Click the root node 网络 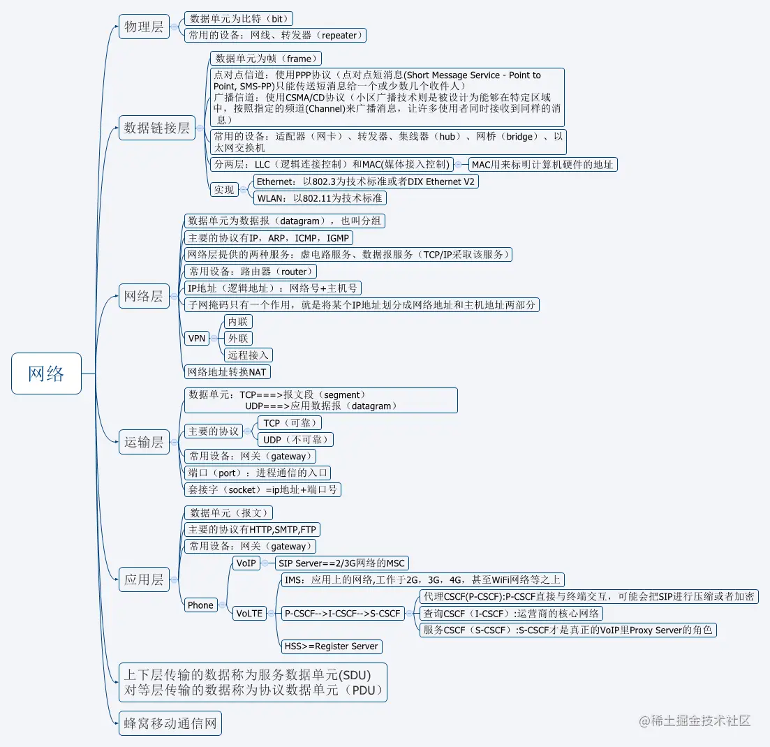(46, 373)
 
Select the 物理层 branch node (144, 27)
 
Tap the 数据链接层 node (156, 128)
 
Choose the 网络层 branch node (144, 296)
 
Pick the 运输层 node (144, 442)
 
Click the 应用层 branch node (144, 579)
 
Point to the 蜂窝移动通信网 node (170, 723)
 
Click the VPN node (198, 339)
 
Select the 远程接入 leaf (248, 355)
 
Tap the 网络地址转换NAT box (228, 372)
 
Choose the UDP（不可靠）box (295, 440)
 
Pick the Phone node (200, 605)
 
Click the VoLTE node (249, 614)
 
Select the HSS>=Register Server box (331, 646)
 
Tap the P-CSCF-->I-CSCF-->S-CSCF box (342, 614)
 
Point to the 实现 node (224, 190)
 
